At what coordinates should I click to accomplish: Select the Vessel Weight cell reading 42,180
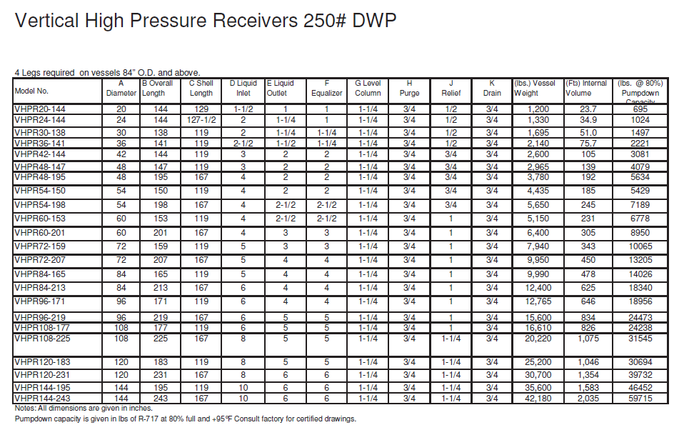539,398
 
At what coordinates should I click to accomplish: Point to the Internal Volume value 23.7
589,109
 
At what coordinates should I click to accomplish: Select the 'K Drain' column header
492,88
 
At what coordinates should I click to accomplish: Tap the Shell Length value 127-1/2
201,120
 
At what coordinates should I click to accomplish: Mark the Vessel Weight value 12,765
539,301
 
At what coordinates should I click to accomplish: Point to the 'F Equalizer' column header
326,88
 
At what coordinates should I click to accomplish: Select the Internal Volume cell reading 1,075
589,339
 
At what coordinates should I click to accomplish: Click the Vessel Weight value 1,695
539,132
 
